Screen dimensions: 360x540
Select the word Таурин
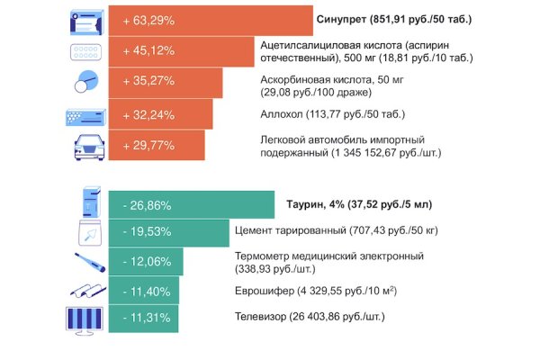coord(305,204)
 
